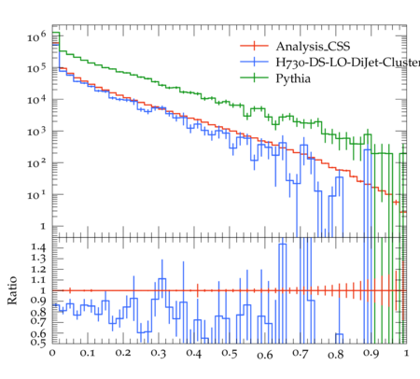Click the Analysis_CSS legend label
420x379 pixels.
tap(313, 47)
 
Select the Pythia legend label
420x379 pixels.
tap(293, 78)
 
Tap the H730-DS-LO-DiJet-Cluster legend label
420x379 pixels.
tap(348, 63)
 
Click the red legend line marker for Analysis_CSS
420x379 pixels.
tap(254, 46)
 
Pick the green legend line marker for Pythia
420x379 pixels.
tap(254, 77)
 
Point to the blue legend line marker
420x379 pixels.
tap(254, 62)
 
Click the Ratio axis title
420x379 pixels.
tap(12, 290)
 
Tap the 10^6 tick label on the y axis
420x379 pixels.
tap(36, 36)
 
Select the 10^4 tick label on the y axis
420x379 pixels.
tap(36, 100)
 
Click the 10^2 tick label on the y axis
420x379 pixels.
tap(36, 162)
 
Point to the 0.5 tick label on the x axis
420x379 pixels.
tap(230, 353)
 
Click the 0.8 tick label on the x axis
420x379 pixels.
tap(336, 354)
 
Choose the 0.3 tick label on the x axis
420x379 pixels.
tap(159, 353)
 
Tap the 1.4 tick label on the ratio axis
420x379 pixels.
tap(38, 247)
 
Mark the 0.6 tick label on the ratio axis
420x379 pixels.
tap(38, 333)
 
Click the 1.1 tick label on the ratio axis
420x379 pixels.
tap(38, 280)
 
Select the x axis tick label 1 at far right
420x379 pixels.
tap(406, 353)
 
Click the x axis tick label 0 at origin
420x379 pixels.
tap(52, 353)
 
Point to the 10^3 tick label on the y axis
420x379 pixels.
tap(36, 132)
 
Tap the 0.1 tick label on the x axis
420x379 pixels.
tap(88, 353)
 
